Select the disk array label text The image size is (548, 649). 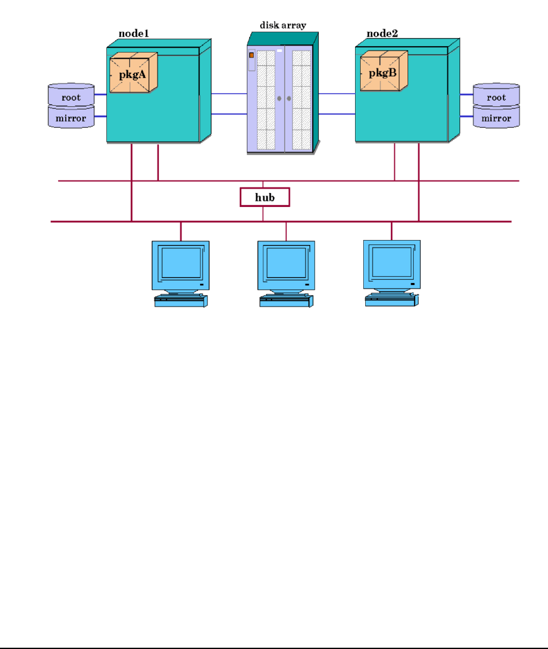[283, 25]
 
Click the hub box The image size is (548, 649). [265, 197]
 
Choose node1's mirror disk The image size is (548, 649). [71, 118]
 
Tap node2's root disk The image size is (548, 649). [497, 97]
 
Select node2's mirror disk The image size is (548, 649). [497, 118]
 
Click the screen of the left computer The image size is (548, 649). [180, 263]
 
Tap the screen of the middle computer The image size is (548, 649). [285, 263]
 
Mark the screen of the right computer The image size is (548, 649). [391, 263]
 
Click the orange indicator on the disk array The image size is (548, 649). [252, 56]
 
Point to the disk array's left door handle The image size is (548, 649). [278, 99]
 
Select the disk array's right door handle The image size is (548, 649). [289, 99]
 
